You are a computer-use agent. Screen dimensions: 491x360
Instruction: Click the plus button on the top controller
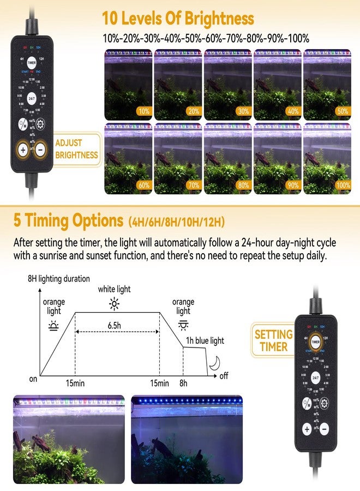point(23,149)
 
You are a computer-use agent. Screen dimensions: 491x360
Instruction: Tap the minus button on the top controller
point(39,149)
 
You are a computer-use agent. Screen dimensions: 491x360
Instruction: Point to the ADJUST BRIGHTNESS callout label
point(76,149)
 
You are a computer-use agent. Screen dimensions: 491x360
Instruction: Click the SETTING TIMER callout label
point(273,340)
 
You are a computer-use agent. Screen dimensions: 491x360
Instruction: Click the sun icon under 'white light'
point(114,304)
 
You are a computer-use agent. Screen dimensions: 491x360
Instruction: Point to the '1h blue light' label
point(206,340)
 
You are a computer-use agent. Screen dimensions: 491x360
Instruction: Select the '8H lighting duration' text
point(59,279)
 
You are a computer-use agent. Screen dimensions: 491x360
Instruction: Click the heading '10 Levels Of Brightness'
point(178,19)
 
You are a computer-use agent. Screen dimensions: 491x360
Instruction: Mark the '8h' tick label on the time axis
point(183,384)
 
